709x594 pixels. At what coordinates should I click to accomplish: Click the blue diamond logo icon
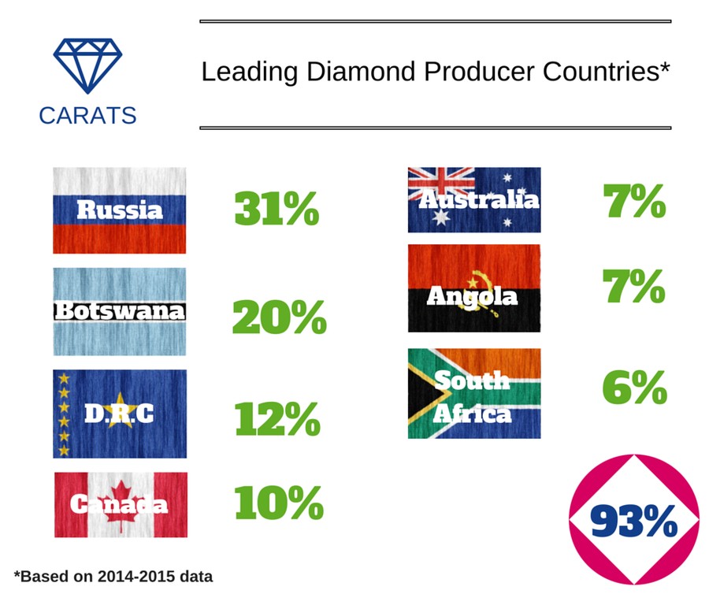pyautogui.click(x=87, y=65)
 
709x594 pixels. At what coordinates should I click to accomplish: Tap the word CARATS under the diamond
pyautogui.click(x=87, y=116)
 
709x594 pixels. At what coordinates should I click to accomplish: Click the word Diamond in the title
pyautogui.click(x=361, y=72)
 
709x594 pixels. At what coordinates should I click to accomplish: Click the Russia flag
pyautogui.click(x=120, y=210)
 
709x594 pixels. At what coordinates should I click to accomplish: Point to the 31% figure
pyautogui.click(x=277, y=209)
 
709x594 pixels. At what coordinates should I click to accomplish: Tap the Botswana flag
pyautogui.click(x=120, y=311)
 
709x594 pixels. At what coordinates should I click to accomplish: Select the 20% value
pyautogui.click(x=279, y=317)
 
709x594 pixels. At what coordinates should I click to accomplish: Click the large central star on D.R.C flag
pyautogui.click(x=121, y=410)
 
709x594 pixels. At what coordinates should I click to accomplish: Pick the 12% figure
pyautogui.click(x=277, y=419)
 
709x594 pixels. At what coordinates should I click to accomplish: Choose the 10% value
pyautogui.click(x=279, y=503)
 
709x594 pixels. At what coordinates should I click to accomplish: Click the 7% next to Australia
pyautogui.click(x=634, y=201)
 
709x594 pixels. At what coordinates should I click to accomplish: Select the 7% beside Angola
pyautogui.click(x=634, y=286)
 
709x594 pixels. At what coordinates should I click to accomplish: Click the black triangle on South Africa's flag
pyautogui.click(x=423, y=393)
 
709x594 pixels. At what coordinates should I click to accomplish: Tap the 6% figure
pyautogui.click(x=635, y=388)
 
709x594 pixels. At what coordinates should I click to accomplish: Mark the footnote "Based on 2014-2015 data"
pyautogui.click(x=113, y=577)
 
